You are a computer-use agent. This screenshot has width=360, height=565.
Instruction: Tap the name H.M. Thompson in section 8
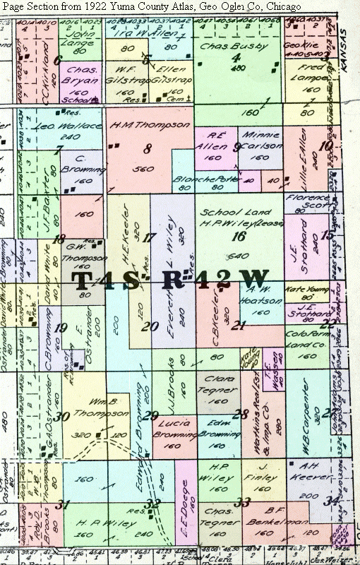[150, 125]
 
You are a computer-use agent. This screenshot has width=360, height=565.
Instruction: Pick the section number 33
[244, 503]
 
